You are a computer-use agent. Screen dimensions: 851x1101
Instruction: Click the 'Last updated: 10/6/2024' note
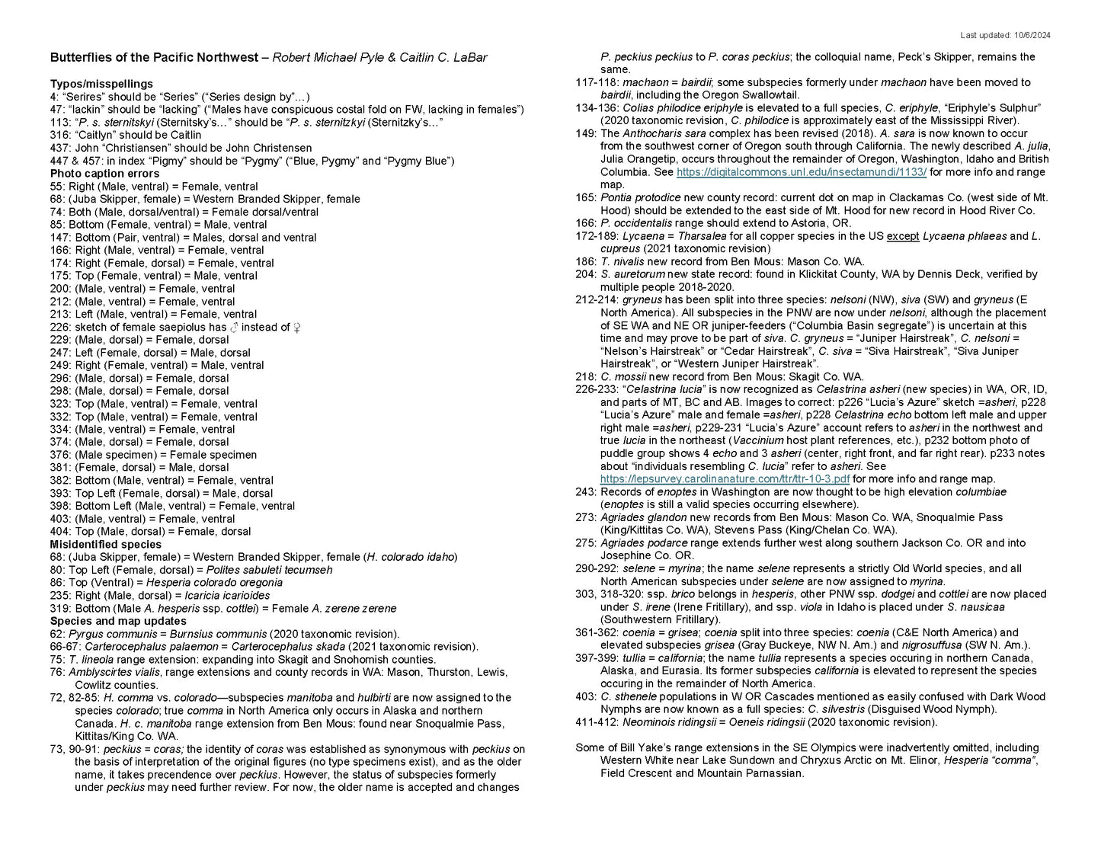[1005, 35]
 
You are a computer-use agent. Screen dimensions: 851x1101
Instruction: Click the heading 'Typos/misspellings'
[101, 84]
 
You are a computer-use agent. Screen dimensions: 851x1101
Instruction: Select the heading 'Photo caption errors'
[104, 174]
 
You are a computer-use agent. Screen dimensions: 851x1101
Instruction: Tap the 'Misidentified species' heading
[106, 544]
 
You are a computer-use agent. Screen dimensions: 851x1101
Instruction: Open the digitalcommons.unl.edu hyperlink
[801, 172]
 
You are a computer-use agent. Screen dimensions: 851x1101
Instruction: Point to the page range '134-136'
[594, 108]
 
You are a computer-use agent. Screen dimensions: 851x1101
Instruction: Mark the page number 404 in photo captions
[59, 532]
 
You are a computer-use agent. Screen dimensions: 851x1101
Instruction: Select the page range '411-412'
[594, 722]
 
